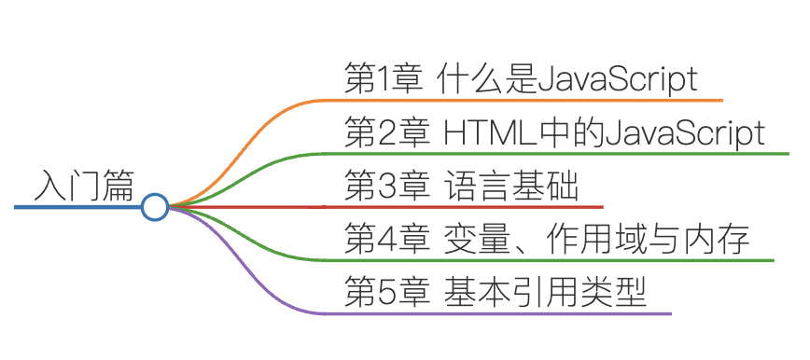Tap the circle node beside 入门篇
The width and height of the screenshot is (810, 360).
(x=155, y=207)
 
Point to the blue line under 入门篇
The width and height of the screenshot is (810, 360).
(x=75, y=207)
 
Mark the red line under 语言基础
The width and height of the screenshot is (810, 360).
(x=467, y=206)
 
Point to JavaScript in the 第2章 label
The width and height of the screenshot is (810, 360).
(x=685, y=133)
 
